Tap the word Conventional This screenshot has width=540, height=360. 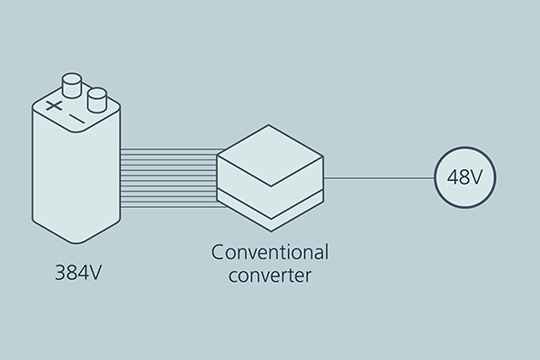tap(270, 251)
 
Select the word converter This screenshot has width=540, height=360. tap(270, 274)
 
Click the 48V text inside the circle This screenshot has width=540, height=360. tap(464, 177)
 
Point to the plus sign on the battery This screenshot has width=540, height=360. tap(54, 106)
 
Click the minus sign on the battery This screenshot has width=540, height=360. tap(77, 119)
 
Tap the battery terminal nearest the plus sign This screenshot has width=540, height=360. tap(72, 86)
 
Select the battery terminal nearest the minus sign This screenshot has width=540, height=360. tap(97, 97)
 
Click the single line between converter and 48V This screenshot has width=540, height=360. tap(378, 177)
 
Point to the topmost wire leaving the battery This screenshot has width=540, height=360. tap(171, 150)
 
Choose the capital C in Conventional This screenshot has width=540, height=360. tap(218, 251)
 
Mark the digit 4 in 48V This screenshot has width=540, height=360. tap(453, 177)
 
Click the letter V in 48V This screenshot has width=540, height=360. tap(477, 177)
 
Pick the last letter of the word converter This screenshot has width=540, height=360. tap(309, 275)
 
